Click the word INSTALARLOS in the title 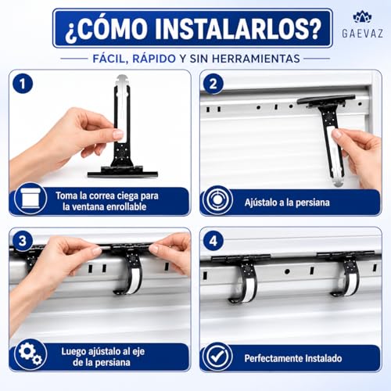pos(238,28)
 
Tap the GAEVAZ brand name pos(362,34)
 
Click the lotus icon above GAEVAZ pos(362,17)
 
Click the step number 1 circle pos(23,84)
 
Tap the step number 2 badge pos(213,84)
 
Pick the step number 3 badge pos(23,241)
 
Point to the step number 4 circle pos(213,241)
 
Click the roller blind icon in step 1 pos(30,199)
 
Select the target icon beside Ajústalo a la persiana pos(217,200)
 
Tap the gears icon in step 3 pos(30,354)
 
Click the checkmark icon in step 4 pos(217,357)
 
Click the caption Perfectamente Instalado pos(293,358)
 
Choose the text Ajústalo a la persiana pos(287,203)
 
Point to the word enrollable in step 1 pos(127,207)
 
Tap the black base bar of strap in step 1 pos(123,174)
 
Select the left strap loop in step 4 pos(245,283)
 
